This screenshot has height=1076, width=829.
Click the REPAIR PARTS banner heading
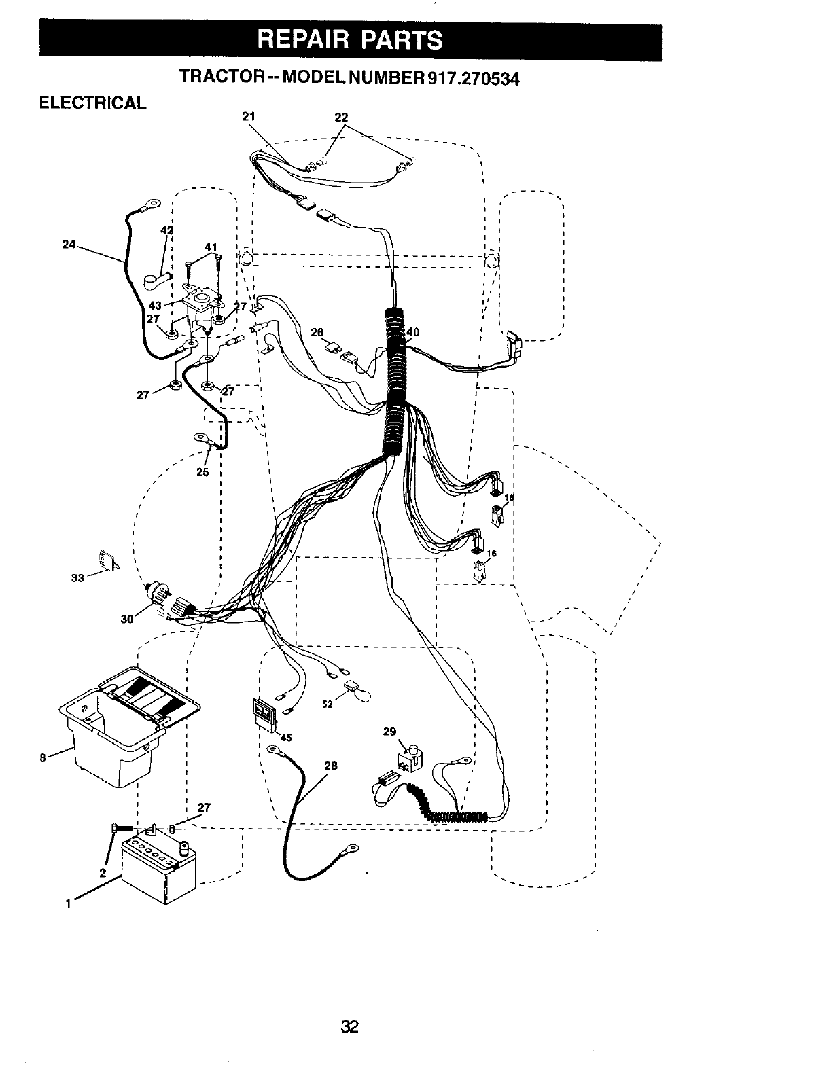pyautogui.click(x=350, y=39)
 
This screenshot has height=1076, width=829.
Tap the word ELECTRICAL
pyautogui.click(x=92, y=103)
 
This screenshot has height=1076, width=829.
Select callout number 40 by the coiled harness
pyautogui.click(x=413, y=332)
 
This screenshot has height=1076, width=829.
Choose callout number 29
pyautogui.click(x=389, y=732)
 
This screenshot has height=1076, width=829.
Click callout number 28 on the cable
pyautogui.click(x=330, y=766)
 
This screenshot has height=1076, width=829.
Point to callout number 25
pyautogui.click(x=202, y=472)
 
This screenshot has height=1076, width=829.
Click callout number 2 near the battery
pyautogui.click(x=103, y=873)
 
